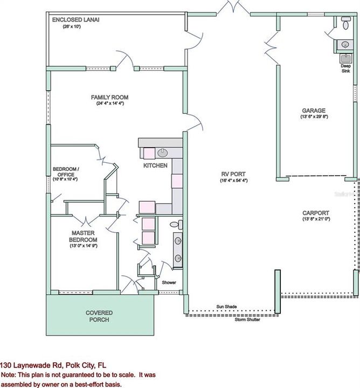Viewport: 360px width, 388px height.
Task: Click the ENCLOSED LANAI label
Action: [75, 19]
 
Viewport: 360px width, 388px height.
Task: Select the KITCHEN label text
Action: [155, 165]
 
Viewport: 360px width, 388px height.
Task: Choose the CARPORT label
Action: [316, 212]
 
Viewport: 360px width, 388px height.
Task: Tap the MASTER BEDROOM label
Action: [84, 236]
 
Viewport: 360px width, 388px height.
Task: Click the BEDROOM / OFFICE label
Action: [66, 172]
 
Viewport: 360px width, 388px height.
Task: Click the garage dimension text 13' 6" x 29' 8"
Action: [314, 117]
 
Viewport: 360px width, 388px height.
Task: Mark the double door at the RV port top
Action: [233, 8]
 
